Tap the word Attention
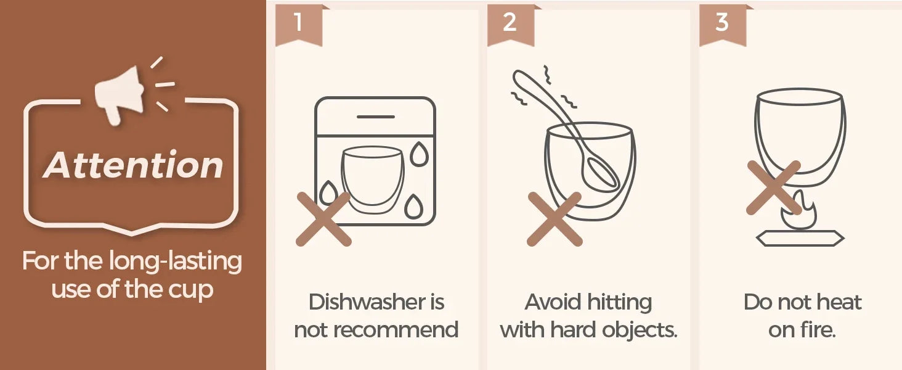(133, 165)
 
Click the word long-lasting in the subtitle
(176, 262)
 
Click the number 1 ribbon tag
(299, 25)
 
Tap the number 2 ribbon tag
(510, 25)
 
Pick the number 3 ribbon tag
(723, 25)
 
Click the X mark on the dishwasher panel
(323, 219)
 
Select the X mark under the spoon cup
(555, 219)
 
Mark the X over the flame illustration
(774, 187)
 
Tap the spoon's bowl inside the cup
(600, 172)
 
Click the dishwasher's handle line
(376, 117)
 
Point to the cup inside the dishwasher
(373, 180)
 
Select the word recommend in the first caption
(396, 330)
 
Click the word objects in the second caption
(640, 331)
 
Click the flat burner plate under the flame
(800, 238)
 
